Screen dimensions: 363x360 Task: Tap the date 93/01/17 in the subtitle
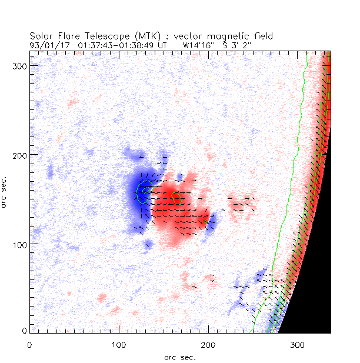click(x=47, y=44)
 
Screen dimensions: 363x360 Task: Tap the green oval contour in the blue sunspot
click(x=144, y=191)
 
